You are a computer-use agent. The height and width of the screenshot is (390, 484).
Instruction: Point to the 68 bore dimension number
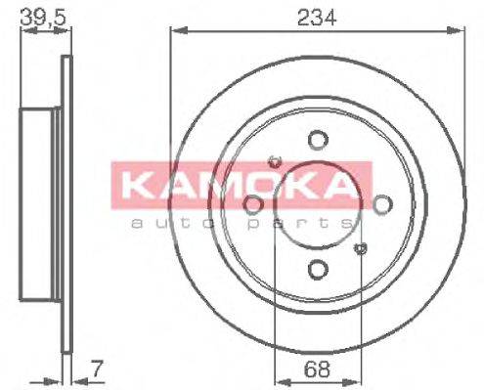coord(315,369)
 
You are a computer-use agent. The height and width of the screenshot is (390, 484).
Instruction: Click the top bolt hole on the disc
coord(316,141)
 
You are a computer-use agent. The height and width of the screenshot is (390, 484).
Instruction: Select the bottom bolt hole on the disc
coord(316,270)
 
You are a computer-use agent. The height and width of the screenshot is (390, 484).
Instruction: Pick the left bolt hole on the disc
coord(251,204)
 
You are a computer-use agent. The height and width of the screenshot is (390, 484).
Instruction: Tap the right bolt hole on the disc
coord(380,204)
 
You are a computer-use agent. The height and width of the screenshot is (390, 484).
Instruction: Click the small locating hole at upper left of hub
coord(274,160)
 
